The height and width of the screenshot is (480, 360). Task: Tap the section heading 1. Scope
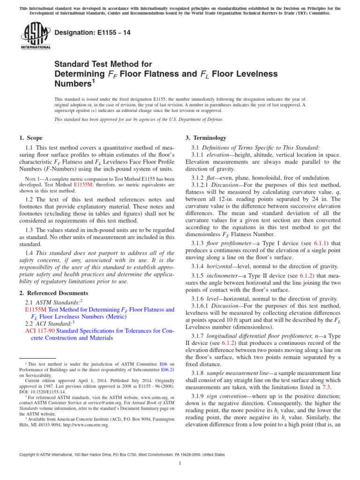(x=30, y=138)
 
